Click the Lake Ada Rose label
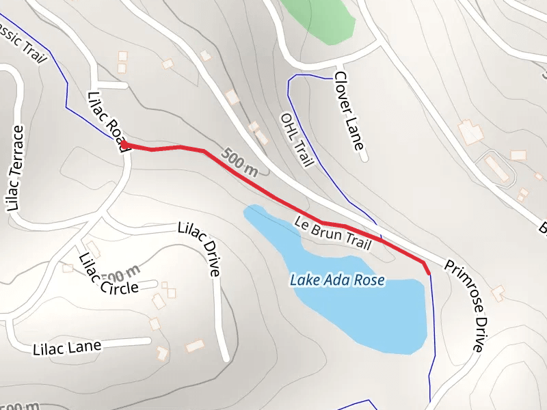point(337,280)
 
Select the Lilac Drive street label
point(199,247)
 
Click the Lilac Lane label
point(66,348)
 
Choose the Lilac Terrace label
point(15,167)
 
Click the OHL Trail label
point(297,140)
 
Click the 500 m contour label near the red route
point(241,163)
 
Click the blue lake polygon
point(369,314)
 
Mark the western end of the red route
point(123,143)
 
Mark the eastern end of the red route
point(429,273)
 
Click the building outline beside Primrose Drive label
point(498,292)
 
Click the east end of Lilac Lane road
point(148,340)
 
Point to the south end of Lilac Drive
point(225,358)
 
